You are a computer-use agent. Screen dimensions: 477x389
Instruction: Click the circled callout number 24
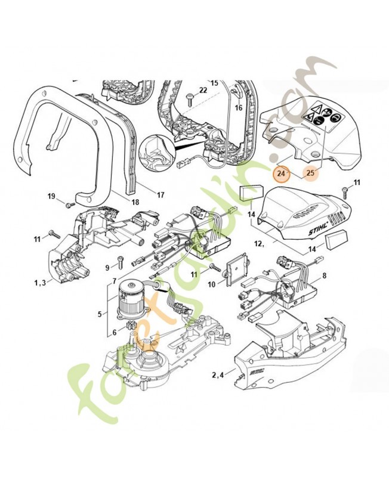tap(280, 174)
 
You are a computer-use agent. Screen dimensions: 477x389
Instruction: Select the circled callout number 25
tap(310, 173)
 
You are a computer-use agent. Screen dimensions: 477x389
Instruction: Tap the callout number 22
tap(203, 90)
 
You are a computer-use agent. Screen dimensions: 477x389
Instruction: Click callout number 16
tap(238, 108)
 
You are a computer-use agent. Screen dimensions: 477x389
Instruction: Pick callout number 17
tap(160, 194)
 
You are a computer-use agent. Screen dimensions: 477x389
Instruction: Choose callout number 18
tap(135, 202)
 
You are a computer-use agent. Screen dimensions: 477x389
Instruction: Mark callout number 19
tap(51, 196)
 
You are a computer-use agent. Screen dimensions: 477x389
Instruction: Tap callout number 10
tap(211, 284)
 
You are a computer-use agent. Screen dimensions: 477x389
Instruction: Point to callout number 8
tap(325, 276)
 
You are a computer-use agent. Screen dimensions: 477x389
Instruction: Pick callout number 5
tap(99, 312)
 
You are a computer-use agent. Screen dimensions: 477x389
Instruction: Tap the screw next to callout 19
tap(67, 204)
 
